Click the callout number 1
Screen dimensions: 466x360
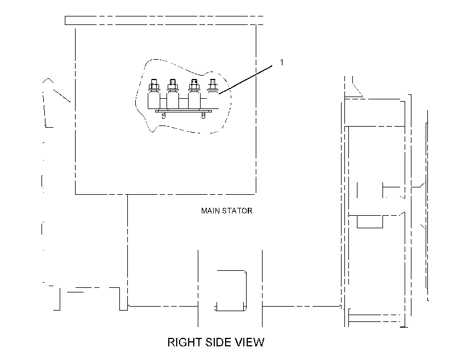click(x=281, y=62)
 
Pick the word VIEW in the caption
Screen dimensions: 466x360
click(x=249, y=342)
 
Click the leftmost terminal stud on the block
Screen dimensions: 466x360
click(x=154, y=85)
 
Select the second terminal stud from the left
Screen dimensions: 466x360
click(x=172, y=85)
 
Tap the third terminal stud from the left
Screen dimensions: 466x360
click(x=193, y=85)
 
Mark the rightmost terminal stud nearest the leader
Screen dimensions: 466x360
click(x=212, y=85)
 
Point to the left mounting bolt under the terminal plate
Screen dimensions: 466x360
click(x=163, y=115)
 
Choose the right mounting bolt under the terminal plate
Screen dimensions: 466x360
click(x=203, y=115)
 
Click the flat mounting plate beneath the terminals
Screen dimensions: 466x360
click(x=184, y=111)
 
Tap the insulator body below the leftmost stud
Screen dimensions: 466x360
click(x=154, y=99)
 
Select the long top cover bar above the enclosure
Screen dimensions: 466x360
click(x=164, y=20)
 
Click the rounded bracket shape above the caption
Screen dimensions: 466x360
click(x=246, y=291)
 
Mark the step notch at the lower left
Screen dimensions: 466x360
click(x=123, y=299)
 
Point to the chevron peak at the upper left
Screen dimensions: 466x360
click(x=48, y=79)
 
